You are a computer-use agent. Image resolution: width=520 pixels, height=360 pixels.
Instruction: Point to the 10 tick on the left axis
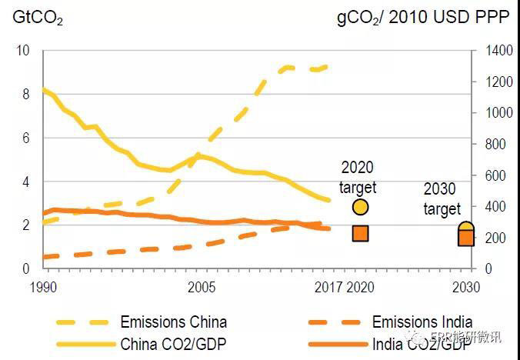tap(23, 51)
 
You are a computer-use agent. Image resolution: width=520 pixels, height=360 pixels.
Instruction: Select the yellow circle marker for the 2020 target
tap(360, 207)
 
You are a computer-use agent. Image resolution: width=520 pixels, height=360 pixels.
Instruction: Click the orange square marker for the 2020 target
tap(360, 233)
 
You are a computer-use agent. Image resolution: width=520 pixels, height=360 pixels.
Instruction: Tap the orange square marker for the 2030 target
tap(466, 238)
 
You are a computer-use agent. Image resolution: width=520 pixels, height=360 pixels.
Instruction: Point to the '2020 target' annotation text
tap(358, 177)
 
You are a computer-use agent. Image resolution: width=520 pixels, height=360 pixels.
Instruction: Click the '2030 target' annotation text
tap(442, 199)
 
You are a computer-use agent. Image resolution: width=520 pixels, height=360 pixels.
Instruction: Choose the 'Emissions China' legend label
tap(173, 322)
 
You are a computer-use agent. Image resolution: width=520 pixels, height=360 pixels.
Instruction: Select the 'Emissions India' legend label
tap(422, 322)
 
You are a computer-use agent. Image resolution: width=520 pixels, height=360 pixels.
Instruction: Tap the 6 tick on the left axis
tap(25, 138)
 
